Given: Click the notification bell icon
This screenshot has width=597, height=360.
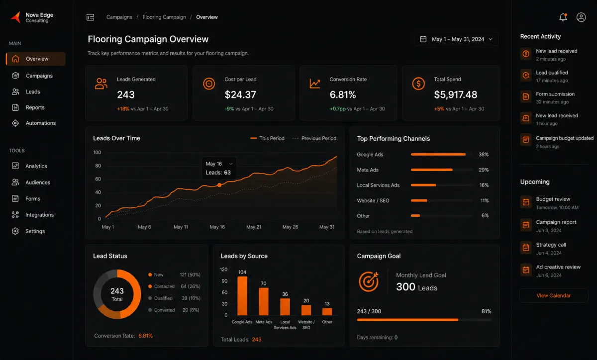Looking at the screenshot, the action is pos(563,17).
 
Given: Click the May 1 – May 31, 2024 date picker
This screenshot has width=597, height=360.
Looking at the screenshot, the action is pos(456,39).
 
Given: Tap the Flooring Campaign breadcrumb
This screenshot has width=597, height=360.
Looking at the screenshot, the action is pos(164,17).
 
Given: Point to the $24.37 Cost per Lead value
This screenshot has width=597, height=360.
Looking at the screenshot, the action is pos(240,94).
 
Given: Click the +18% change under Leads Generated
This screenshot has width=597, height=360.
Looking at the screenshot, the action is pos(123,109).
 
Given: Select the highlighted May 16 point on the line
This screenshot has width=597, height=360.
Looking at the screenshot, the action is pos(219,185).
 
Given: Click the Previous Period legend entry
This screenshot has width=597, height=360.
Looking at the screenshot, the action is pos(314,138).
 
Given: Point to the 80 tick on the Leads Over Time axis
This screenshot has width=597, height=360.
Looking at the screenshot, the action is pos(98,166).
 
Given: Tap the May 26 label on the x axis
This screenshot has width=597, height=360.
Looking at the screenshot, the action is pos(290,227).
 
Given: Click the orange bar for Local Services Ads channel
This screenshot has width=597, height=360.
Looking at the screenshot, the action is pos(423,185).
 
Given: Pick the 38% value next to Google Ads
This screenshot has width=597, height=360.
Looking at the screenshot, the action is pos(484,155).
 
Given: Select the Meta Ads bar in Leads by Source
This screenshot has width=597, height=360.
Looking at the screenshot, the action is pos(263,301).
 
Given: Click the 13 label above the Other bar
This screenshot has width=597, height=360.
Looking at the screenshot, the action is pos(327,304).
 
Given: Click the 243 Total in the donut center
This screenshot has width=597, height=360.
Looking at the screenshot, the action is pos(117,294).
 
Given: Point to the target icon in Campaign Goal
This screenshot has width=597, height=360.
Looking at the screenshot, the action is pos(369,281).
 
